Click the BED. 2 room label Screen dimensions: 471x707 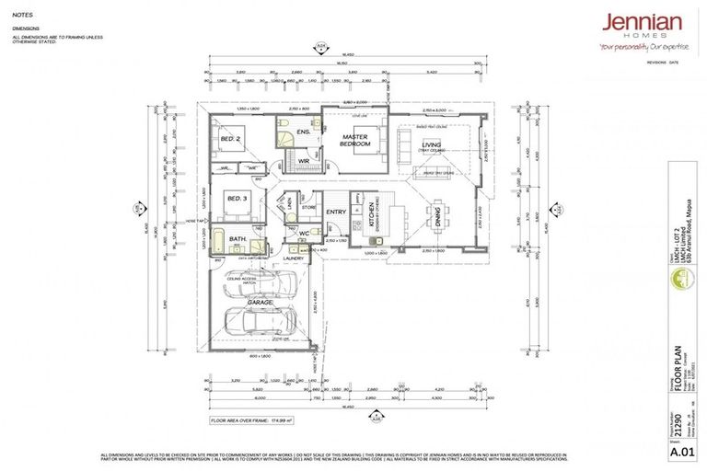click(230, 140)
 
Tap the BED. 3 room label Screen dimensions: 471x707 click(237, 198)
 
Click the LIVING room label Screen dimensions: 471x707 click(431, 145)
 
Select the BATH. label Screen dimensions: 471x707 click(238, 239)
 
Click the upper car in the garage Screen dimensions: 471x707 click(260, 286)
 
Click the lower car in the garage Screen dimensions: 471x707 click(261, 322)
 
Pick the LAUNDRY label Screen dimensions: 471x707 click(293, 258)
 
